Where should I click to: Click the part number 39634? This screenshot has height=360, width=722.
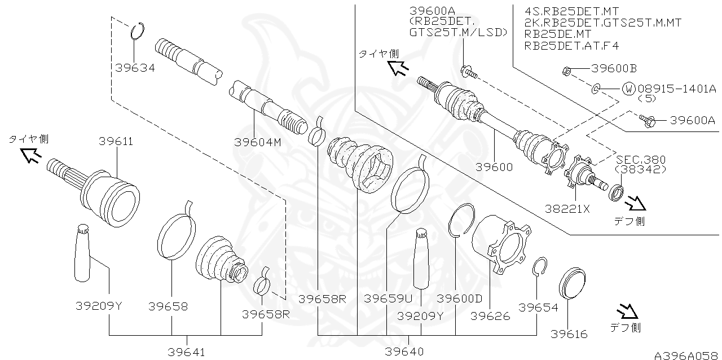[135, 68]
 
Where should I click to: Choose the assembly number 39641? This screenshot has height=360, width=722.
[186, 352]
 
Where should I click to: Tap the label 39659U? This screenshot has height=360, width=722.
[388, 298]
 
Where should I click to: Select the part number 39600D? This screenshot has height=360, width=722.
[460, 298]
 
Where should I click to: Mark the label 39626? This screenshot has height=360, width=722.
[490, 316]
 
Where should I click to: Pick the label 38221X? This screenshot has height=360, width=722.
[567, 208]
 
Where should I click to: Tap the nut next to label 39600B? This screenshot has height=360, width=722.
[566, 71]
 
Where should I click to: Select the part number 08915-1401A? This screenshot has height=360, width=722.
[676, 89]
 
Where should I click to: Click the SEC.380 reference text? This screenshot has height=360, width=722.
[641, 160]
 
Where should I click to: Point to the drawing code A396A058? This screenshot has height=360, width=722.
[686, 355]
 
